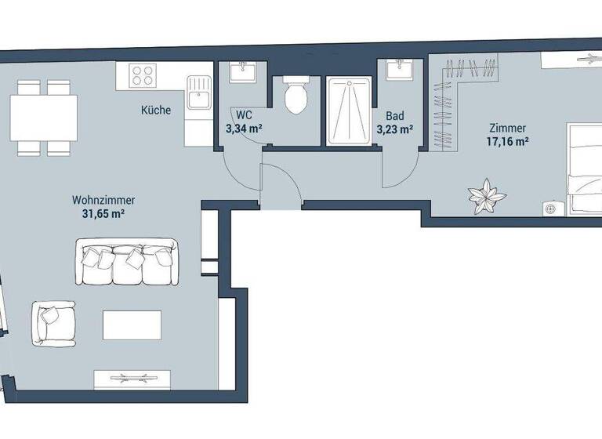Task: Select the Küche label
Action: coord(156,111)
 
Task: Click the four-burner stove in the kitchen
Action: coord(143,76)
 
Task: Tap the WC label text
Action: coord(243,114)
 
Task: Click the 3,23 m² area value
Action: coord(394,129)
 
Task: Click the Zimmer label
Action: coord(506,129)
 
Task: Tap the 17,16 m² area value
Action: coord(506,142)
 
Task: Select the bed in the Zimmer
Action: coord(584,169)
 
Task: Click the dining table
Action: coord(44,115)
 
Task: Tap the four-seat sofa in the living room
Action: coord(126,263)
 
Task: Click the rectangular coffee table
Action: coord(132,325)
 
